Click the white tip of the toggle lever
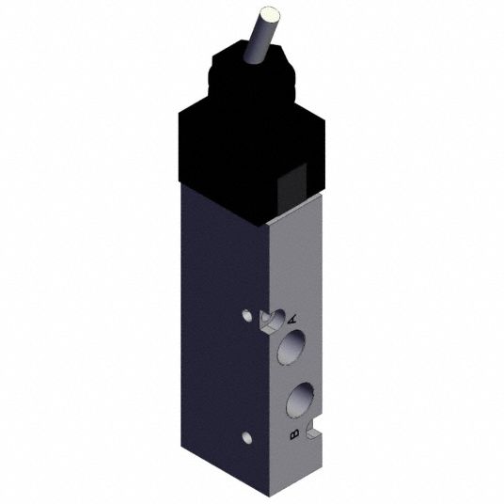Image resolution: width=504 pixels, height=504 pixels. (x=270, y=15)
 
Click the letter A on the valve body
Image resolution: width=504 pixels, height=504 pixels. (x=292, y=320)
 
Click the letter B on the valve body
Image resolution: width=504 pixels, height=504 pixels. (x=294, y=433)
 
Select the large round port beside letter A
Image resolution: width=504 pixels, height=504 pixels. (x=291, y=348)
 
